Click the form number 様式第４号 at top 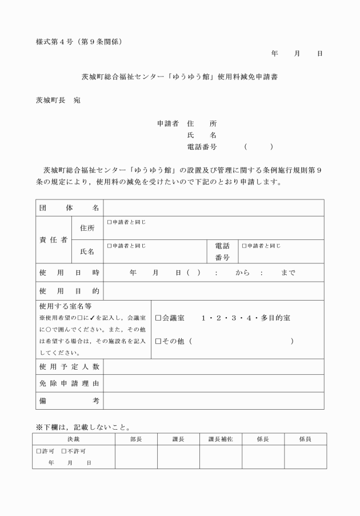pyautogui.click(x=55, y=42)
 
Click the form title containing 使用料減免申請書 pyautogui.click(x=180, y=76)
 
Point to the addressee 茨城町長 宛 pyautogui.click(x=58, y=100)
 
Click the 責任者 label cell pyautogui.click(x=53, y=240)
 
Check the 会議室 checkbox pyautogui.click(x=158, y=318)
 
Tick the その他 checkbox pyautogui.click(x=158, y=341)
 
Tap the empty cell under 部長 pyautogui.click(x=136, y=457)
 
